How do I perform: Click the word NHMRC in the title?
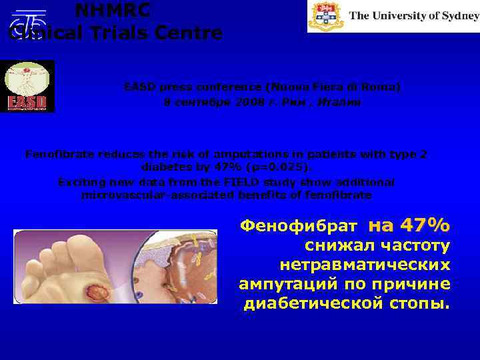click(x=112, y=10)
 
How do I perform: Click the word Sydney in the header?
click(x=455, y=15)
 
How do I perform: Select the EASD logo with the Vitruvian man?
click(x=27, y=86)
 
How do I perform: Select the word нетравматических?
click(x=365, y=265)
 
